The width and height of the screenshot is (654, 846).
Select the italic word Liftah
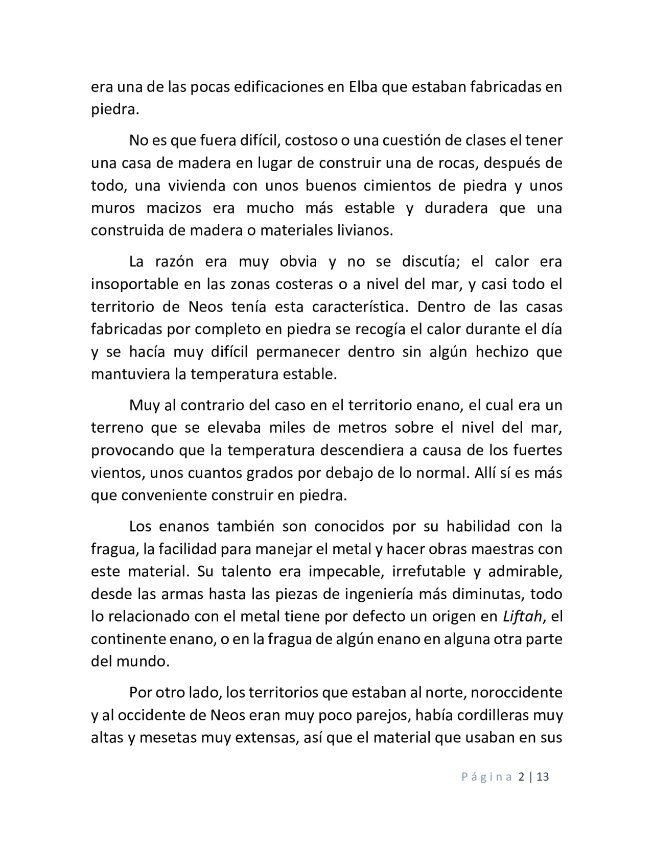(522, 617)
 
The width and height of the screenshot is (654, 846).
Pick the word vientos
(117, 473)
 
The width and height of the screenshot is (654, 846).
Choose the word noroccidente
(517, 693)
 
